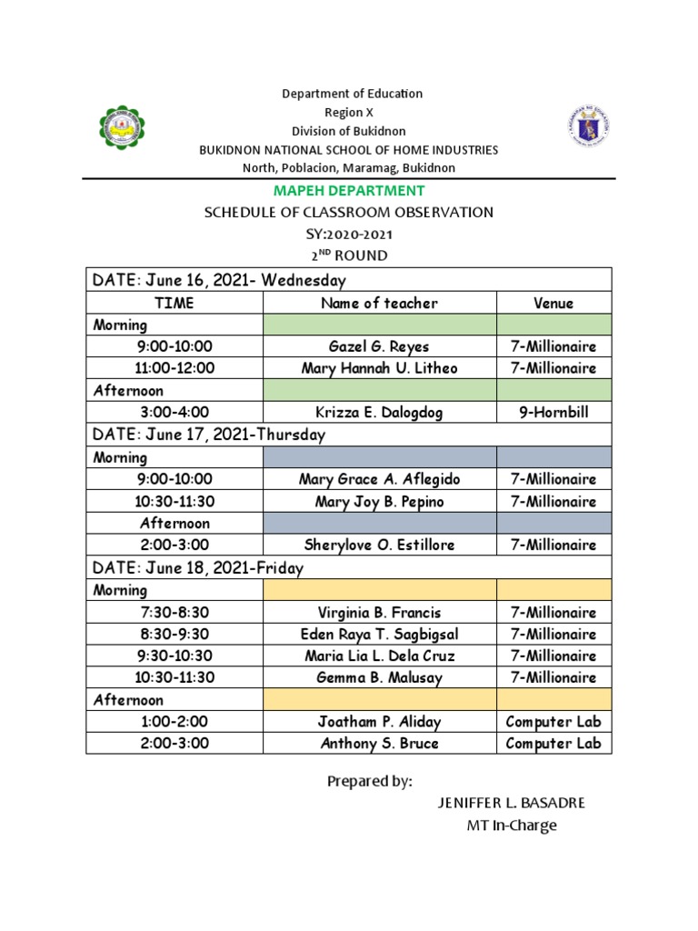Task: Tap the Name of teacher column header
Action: [x=379, y=304]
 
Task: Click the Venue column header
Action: [x=553, y=304]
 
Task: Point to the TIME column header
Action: [x=174, y=304]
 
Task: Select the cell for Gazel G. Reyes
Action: [x=379, y=346]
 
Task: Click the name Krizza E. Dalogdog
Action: [x=379, y=413]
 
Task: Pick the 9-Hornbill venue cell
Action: [x=553, y=413]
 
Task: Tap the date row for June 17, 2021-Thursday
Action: [x=209, y=435]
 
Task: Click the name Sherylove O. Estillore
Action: [x=379, y=545]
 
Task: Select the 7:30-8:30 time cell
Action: [x=174, y=613]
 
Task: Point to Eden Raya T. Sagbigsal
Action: [x=379, y=635]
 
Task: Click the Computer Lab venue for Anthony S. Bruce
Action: [x=553, y=743]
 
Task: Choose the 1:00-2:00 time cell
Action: [x=174, y=722]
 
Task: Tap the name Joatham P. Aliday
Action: [x=379, y=722]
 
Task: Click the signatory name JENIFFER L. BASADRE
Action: [x=512, y=803]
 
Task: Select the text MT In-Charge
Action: [x=510, y=826]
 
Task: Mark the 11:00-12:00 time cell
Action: [x=174, y=368]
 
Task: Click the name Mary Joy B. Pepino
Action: [x=379, y=501]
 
